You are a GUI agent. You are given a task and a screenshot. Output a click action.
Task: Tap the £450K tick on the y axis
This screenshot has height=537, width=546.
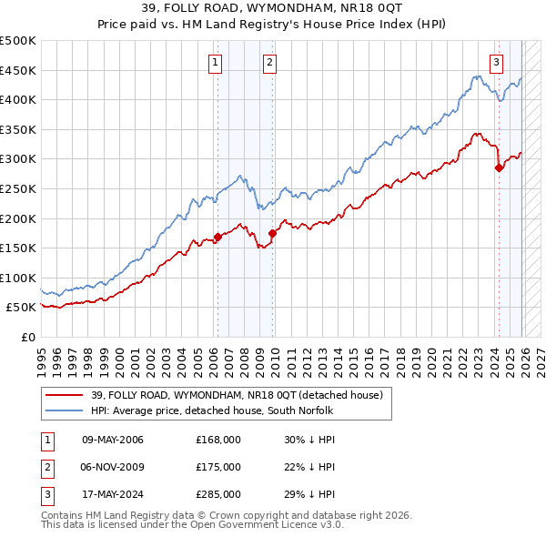(18, 70)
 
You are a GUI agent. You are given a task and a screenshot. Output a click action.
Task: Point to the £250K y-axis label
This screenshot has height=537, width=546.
(18, 188)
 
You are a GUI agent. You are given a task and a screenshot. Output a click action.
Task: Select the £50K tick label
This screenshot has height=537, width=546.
(22, 308)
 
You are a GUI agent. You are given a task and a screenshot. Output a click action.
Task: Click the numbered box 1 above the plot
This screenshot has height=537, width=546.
(216, 63)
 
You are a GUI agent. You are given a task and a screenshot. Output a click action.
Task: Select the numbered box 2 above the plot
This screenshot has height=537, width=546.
(270, 63)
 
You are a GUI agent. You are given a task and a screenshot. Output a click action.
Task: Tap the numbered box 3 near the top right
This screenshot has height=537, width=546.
(497, 63)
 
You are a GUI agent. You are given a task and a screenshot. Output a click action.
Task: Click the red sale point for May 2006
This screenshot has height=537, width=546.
(217, 238)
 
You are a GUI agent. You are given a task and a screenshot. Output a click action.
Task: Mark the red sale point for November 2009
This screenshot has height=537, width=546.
(272, 234)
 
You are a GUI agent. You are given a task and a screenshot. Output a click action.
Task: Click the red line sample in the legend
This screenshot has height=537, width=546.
(65, 395)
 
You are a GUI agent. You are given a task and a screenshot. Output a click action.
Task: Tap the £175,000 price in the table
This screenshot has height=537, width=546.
(218, 467)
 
